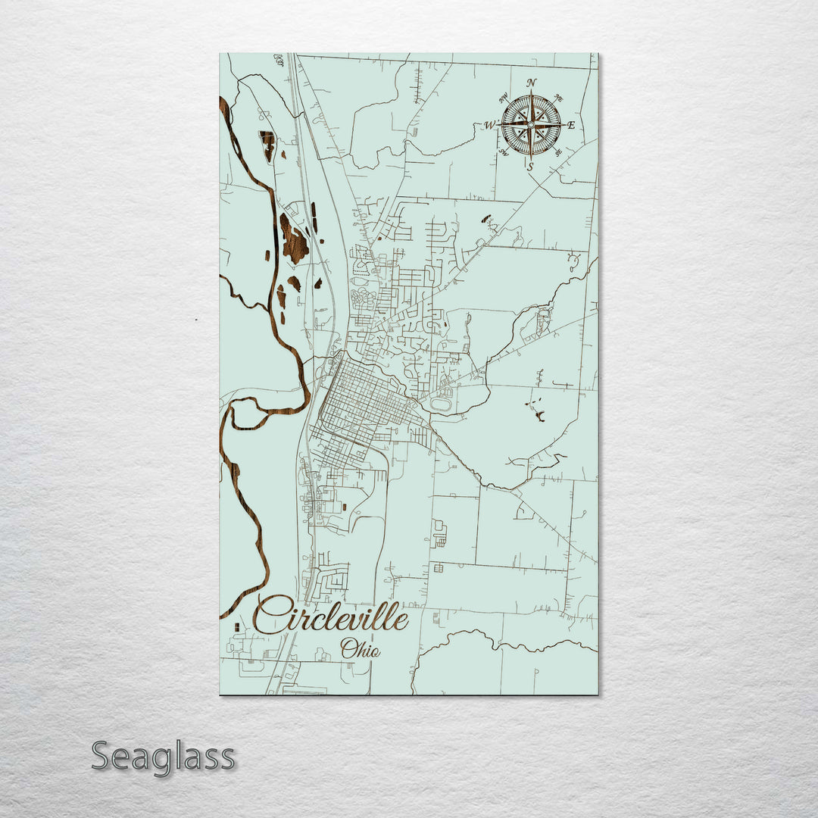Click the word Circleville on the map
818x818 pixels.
point(331,614)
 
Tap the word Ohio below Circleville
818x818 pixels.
point(360,649)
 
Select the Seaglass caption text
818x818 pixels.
point(163,757)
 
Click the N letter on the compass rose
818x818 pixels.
point(532,83)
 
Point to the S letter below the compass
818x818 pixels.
point(530,166)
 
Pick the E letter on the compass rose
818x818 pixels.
point(571,125)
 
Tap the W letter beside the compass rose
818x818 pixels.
point(490,125)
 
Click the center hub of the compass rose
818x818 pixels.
point(531,123)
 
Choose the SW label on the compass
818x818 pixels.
point(503,152)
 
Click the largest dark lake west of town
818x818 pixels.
point(293,239)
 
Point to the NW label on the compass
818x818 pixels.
point(504,97)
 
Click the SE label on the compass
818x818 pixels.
point(558,152)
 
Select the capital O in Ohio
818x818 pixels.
point(348,648)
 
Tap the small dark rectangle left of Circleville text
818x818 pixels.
point(236,627)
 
